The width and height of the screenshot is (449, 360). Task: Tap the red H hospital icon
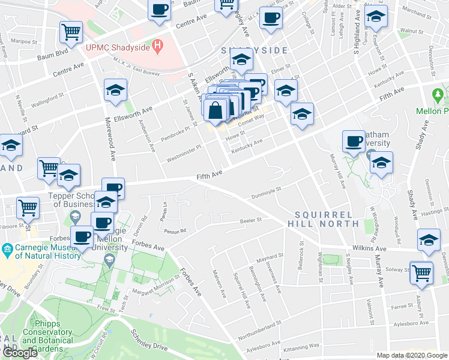(x=158, y=44)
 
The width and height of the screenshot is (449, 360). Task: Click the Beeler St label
(x=251, y=220)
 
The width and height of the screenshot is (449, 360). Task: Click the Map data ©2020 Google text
(x=411, y=355)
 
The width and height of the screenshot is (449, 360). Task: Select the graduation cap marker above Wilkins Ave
(x=429, y=240)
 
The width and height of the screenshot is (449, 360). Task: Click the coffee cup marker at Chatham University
(x=354, y=141)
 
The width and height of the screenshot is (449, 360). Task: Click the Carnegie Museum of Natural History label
(x=41, y=251)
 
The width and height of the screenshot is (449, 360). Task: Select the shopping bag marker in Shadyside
(x=215, y=110)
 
